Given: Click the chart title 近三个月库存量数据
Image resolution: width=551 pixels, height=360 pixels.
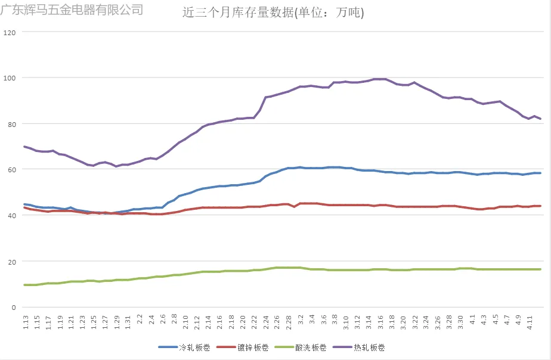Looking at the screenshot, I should (273, 13).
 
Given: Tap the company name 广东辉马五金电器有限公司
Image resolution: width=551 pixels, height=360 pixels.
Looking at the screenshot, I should (72, 10).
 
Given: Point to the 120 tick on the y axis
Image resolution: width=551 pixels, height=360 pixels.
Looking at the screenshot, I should (9, 32).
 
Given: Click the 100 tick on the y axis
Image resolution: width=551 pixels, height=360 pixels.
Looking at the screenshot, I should (9, 78).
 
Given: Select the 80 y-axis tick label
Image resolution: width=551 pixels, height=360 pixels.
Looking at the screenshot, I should (11, 124).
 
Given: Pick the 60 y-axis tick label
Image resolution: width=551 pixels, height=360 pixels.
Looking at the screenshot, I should (11, 169).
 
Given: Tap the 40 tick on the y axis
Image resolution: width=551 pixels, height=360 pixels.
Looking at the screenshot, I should (11, 215).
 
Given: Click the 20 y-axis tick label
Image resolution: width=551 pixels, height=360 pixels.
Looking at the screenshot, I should (11, 261).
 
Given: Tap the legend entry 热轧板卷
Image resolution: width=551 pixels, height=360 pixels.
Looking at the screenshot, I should (368, 347).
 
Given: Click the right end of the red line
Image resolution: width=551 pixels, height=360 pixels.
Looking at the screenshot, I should (540, 206).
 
